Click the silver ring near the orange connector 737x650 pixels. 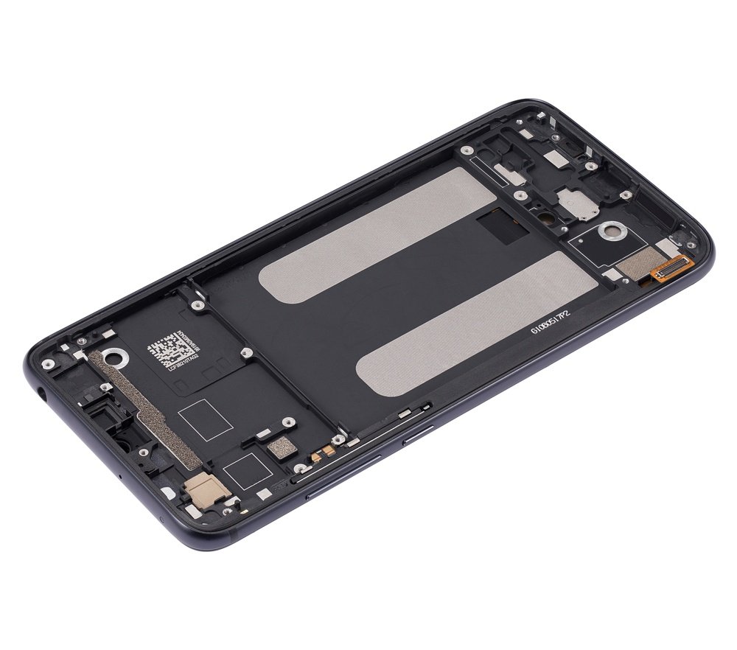tap(610, 232)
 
